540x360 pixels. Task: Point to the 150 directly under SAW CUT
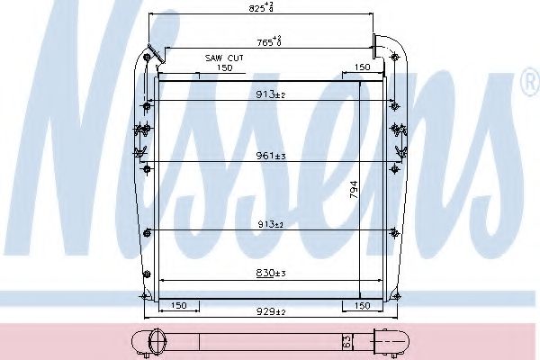coord(224,67)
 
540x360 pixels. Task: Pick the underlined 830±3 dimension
coord(270,273)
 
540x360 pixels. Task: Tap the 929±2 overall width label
coord(270,310)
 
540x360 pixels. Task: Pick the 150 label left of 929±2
coord(178,306)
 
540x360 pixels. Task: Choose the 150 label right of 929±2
coord(362,306)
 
